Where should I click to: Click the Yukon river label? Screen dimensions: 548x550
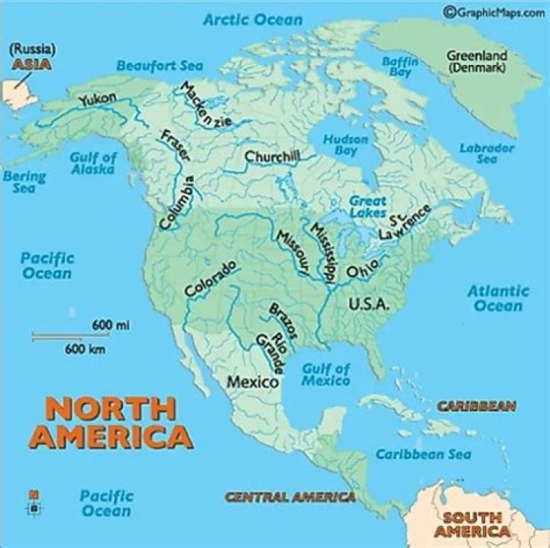[x=97, y=99]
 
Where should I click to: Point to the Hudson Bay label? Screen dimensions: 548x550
[x=345, y=145]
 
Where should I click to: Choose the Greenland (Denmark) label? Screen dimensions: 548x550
[x=476, y=61]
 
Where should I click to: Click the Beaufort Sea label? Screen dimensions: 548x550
[x=160, y=66]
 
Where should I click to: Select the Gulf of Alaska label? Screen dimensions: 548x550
[x=93, y=163]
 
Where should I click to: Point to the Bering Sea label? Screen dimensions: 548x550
[x=24, y=181]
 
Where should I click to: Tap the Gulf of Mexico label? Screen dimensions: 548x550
[x=326, y=375]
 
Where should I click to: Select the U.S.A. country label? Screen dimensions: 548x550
[x=369, y=304]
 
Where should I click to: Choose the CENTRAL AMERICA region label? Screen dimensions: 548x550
[x=290, y=498]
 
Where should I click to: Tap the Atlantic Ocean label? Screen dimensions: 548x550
[x=497, y=298]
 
